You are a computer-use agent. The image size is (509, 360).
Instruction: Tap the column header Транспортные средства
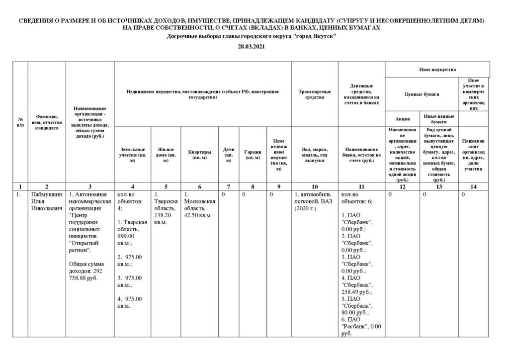314,94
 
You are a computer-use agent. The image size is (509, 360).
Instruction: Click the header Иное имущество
438,69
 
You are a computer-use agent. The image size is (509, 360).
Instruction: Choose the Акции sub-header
402,119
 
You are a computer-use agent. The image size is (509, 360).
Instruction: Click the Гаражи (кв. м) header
252,155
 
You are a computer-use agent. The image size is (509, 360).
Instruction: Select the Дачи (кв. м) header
229,155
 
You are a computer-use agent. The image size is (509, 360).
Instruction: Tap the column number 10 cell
314,186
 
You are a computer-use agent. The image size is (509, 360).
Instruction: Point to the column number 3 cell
90,186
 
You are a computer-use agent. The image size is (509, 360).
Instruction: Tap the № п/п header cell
20,122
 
